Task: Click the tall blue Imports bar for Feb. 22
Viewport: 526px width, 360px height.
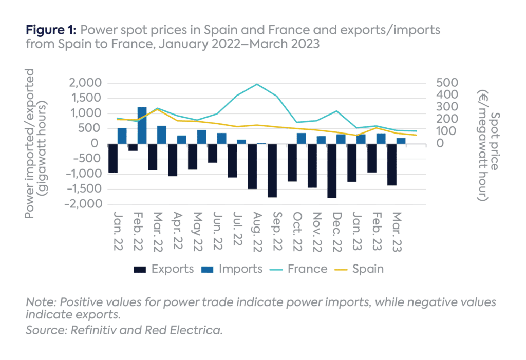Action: pyautogui.click(x=142, y=125)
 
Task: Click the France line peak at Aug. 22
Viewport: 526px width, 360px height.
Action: pyautogui.click(x=256, y=84)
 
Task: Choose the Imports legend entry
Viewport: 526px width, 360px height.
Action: pyautogui.click(x=234, y=269)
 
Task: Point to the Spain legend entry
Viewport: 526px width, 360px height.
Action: pyautogui.click(x=360, y=269)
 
